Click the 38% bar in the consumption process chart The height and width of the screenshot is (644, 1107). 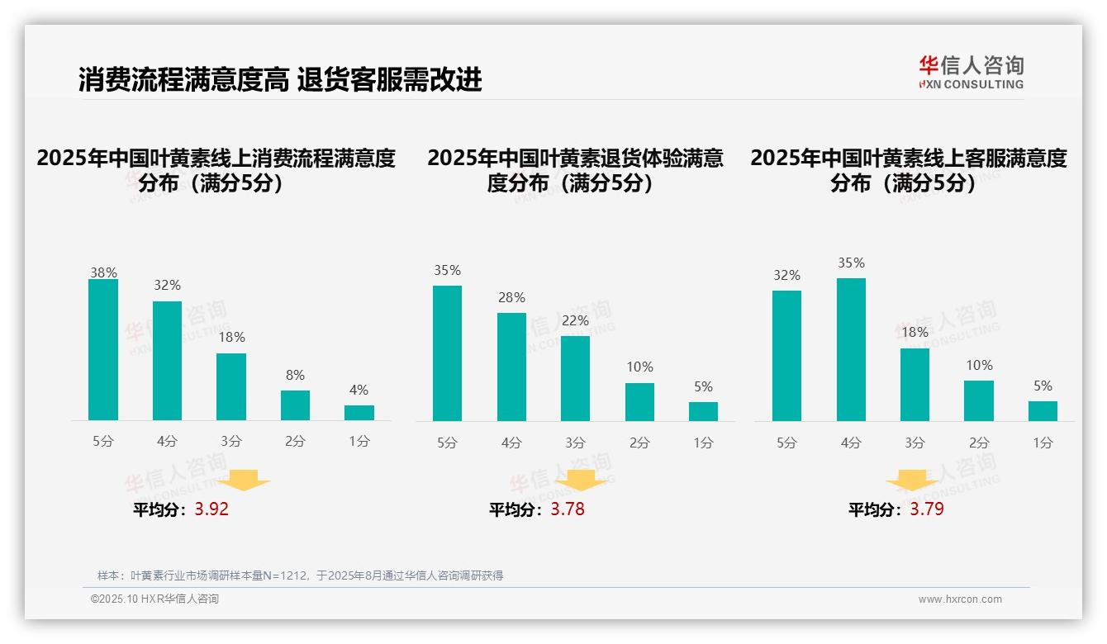(103, 350)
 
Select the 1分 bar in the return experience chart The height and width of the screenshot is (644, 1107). (703, 411)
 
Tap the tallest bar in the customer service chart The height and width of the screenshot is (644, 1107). (851, 349)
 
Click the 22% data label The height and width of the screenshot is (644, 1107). (576, 320)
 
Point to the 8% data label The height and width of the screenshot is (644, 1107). (295, 374)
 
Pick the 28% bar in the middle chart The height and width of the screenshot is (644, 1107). (511, 367)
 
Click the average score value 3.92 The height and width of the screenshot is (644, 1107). (211, 509)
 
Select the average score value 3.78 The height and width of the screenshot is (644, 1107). (568, 509)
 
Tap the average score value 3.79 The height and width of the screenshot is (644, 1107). (927, 509)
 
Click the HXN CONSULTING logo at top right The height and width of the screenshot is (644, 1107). (971, 72)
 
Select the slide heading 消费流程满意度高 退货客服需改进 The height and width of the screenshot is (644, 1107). (280, 80)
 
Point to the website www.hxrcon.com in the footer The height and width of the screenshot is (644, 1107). (960, 599)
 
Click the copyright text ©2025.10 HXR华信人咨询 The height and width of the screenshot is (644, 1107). (154, 599)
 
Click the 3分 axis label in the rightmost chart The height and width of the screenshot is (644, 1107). (915, 443)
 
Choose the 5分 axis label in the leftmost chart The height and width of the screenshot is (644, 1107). (103, 442)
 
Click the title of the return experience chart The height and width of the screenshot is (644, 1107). (575, 170)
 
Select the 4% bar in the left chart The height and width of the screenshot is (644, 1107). (359, 413)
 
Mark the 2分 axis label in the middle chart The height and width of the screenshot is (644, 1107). (639, 443)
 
